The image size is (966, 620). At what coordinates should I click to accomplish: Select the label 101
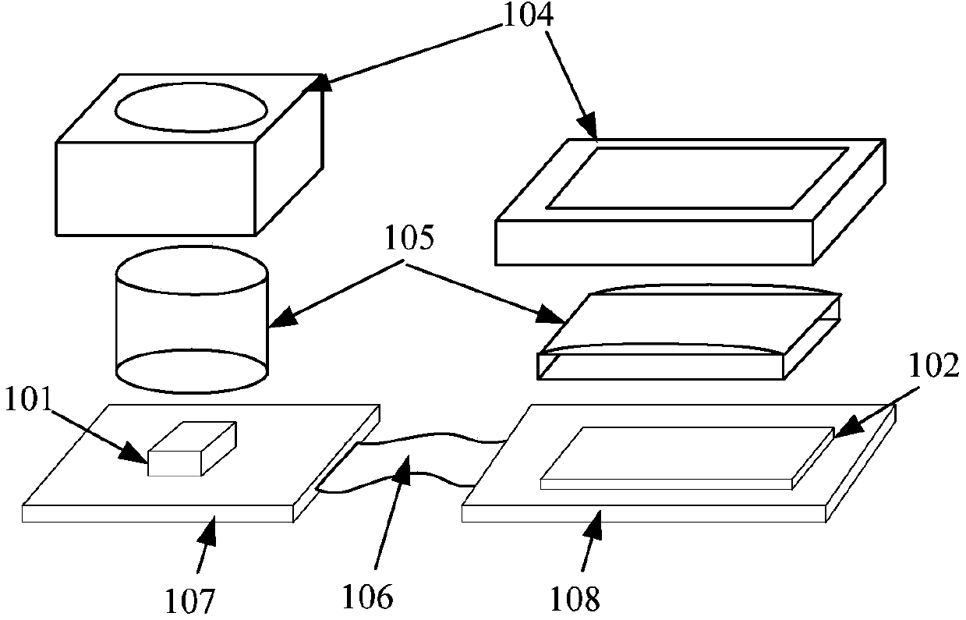pyautogui.click(x=29, y=401)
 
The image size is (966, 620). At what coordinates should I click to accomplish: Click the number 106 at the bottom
pyautogui.click(x=366, y=597)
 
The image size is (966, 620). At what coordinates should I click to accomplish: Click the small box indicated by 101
pyautogui.click(x=191, y=449)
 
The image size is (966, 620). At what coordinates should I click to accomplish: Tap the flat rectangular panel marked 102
pyautogui.click(x=686, y=457)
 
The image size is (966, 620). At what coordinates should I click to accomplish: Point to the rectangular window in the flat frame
pyautogui.click(x=696, y=177)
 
